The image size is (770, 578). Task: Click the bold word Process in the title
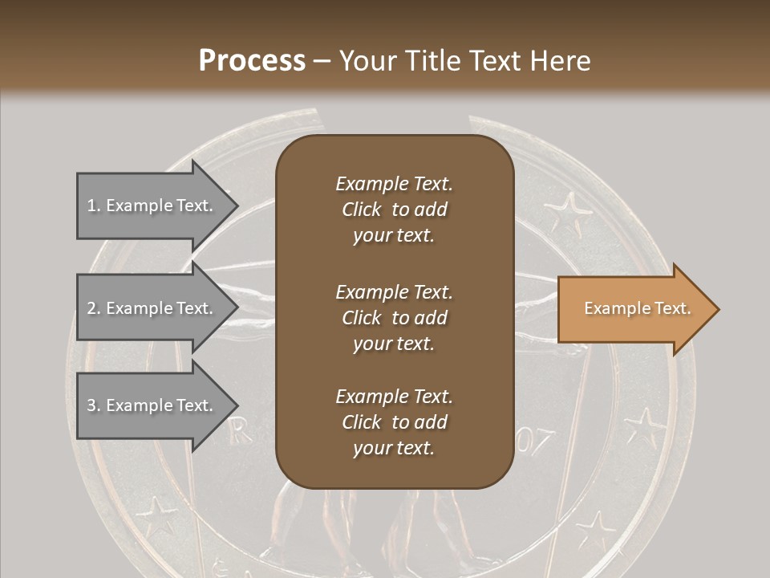click(252, 60)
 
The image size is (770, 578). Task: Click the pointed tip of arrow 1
click(237, 206)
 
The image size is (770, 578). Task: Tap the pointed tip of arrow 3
click(237, 405)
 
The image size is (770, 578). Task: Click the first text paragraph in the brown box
click(394, 210)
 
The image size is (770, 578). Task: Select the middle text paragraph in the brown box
click(394, 317)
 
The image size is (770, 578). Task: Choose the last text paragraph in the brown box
click(394, 422)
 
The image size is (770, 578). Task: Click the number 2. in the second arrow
click(94, 308)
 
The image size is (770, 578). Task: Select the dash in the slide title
click(322, 61)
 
